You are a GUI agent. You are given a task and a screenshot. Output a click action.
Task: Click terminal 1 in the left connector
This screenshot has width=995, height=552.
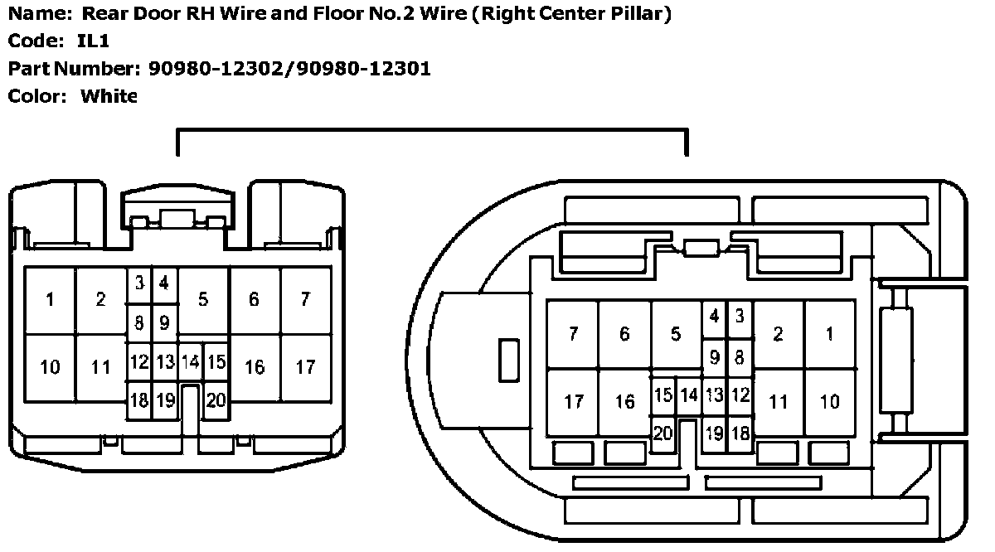pos(51,300)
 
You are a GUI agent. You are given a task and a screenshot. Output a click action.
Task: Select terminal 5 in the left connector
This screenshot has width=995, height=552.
pos(203,300)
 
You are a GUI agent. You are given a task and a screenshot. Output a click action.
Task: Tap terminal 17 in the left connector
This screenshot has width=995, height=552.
pos(306,366)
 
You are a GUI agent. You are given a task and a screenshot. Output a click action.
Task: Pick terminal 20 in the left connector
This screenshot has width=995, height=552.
pos(216,400)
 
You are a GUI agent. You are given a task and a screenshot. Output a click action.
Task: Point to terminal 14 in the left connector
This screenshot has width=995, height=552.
pos(191,362)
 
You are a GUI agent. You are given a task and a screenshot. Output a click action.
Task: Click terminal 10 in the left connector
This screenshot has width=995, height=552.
pos(51,366)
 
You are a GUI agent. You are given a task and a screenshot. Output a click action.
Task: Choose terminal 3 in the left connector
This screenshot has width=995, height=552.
pos(140,283)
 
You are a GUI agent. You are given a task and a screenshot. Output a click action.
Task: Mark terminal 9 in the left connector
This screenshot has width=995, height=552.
pos(164,322)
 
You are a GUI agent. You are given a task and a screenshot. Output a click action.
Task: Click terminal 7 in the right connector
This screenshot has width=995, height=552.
pos(573,334)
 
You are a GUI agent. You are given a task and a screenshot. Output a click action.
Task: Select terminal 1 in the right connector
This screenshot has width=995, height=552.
pos(830,334)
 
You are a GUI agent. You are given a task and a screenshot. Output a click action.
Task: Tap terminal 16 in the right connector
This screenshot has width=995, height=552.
pos(624,402)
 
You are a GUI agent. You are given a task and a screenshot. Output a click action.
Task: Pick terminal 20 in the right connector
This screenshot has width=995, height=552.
pos(663,433)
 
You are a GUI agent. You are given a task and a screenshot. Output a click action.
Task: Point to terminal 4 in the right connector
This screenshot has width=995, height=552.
pos(715,316)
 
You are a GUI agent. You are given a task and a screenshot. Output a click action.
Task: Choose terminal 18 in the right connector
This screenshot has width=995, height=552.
pos(740,433)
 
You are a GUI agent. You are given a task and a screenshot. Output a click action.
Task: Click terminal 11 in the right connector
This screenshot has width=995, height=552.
pos(779,402)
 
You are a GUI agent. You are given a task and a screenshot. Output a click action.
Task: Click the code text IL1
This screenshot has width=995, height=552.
pos(93,41)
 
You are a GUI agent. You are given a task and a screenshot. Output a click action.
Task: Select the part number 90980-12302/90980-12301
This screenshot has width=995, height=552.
pos(289,68)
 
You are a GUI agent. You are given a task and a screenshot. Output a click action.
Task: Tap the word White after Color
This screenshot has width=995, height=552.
pos(109,96)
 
